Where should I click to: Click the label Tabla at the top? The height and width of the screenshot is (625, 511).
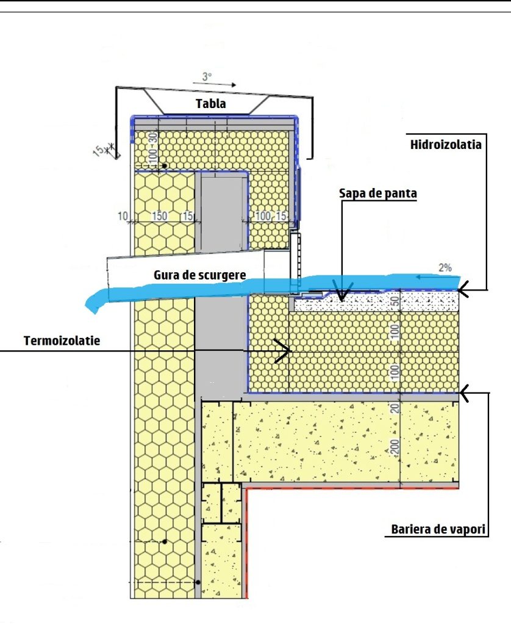tap(211, 104)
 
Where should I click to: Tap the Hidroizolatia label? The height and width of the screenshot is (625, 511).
tap(446, 144)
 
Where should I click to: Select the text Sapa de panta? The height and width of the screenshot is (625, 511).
tap(378, 193)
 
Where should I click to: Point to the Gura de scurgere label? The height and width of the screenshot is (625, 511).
tap(200, 275)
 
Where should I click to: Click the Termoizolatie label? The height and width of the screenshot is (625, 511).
tap(62, 341)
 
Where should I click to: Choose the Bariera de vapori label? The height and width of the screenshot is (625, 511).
tap(438, 529)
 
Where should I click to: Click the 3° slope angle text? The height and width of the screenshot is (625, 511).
tap(207, 76)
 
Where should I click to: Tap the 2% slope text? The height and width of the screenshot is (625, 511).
tap(445, 268)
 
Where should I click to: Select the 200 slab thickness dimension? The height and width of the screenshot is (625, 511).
tap(395, 446)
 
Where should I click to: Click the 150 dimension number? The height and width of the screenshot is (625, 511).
tap(159, 216)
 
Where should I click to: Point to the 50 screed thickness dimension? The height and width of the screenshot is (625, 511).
tap(395, 302)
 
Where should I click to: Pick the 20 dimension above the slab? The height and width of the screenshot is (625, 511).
tap(395, 408)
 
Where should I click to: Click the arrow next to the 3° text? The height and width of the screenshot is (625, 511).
tap(215, 84)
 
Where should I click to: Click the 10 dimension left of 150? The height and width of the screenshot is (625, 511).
tap(123, 217)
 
